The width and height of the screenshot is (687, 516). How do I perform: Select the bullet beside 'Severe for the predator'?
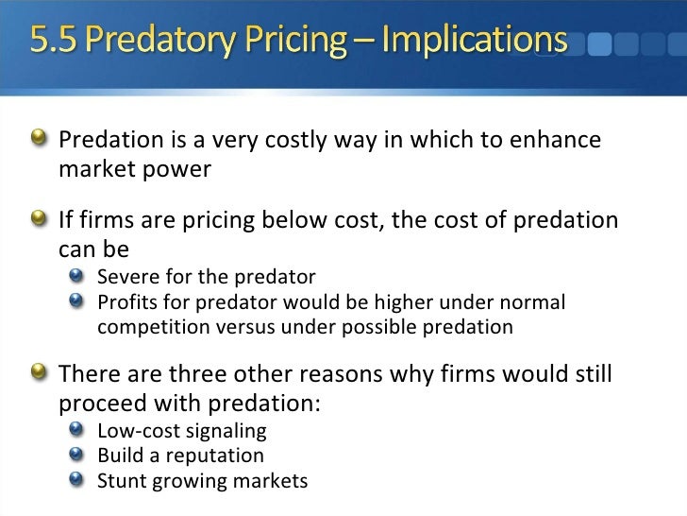[x=82, y=278]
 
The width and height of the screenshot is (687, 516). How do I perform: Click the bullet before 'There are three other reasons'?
[x=42, y=372]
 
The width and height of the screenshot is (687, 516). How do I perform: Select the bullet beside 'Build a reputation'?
[x=82, y=456]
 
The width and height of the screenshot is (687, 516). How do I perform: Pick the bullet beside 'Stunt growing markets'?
[x=82, y=480]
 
